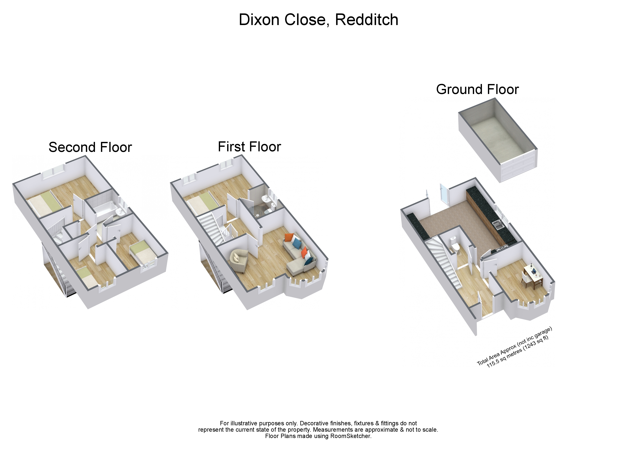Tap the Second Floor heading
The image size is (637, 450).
[90, 147]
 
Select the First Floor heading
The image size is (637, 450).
[249, 147]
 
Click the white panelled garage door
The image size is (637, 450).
[519, 167]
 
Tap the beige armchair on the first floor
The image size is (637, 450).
[239, 260]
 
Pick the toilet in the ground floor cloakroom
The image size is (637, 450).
[454, 244]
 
